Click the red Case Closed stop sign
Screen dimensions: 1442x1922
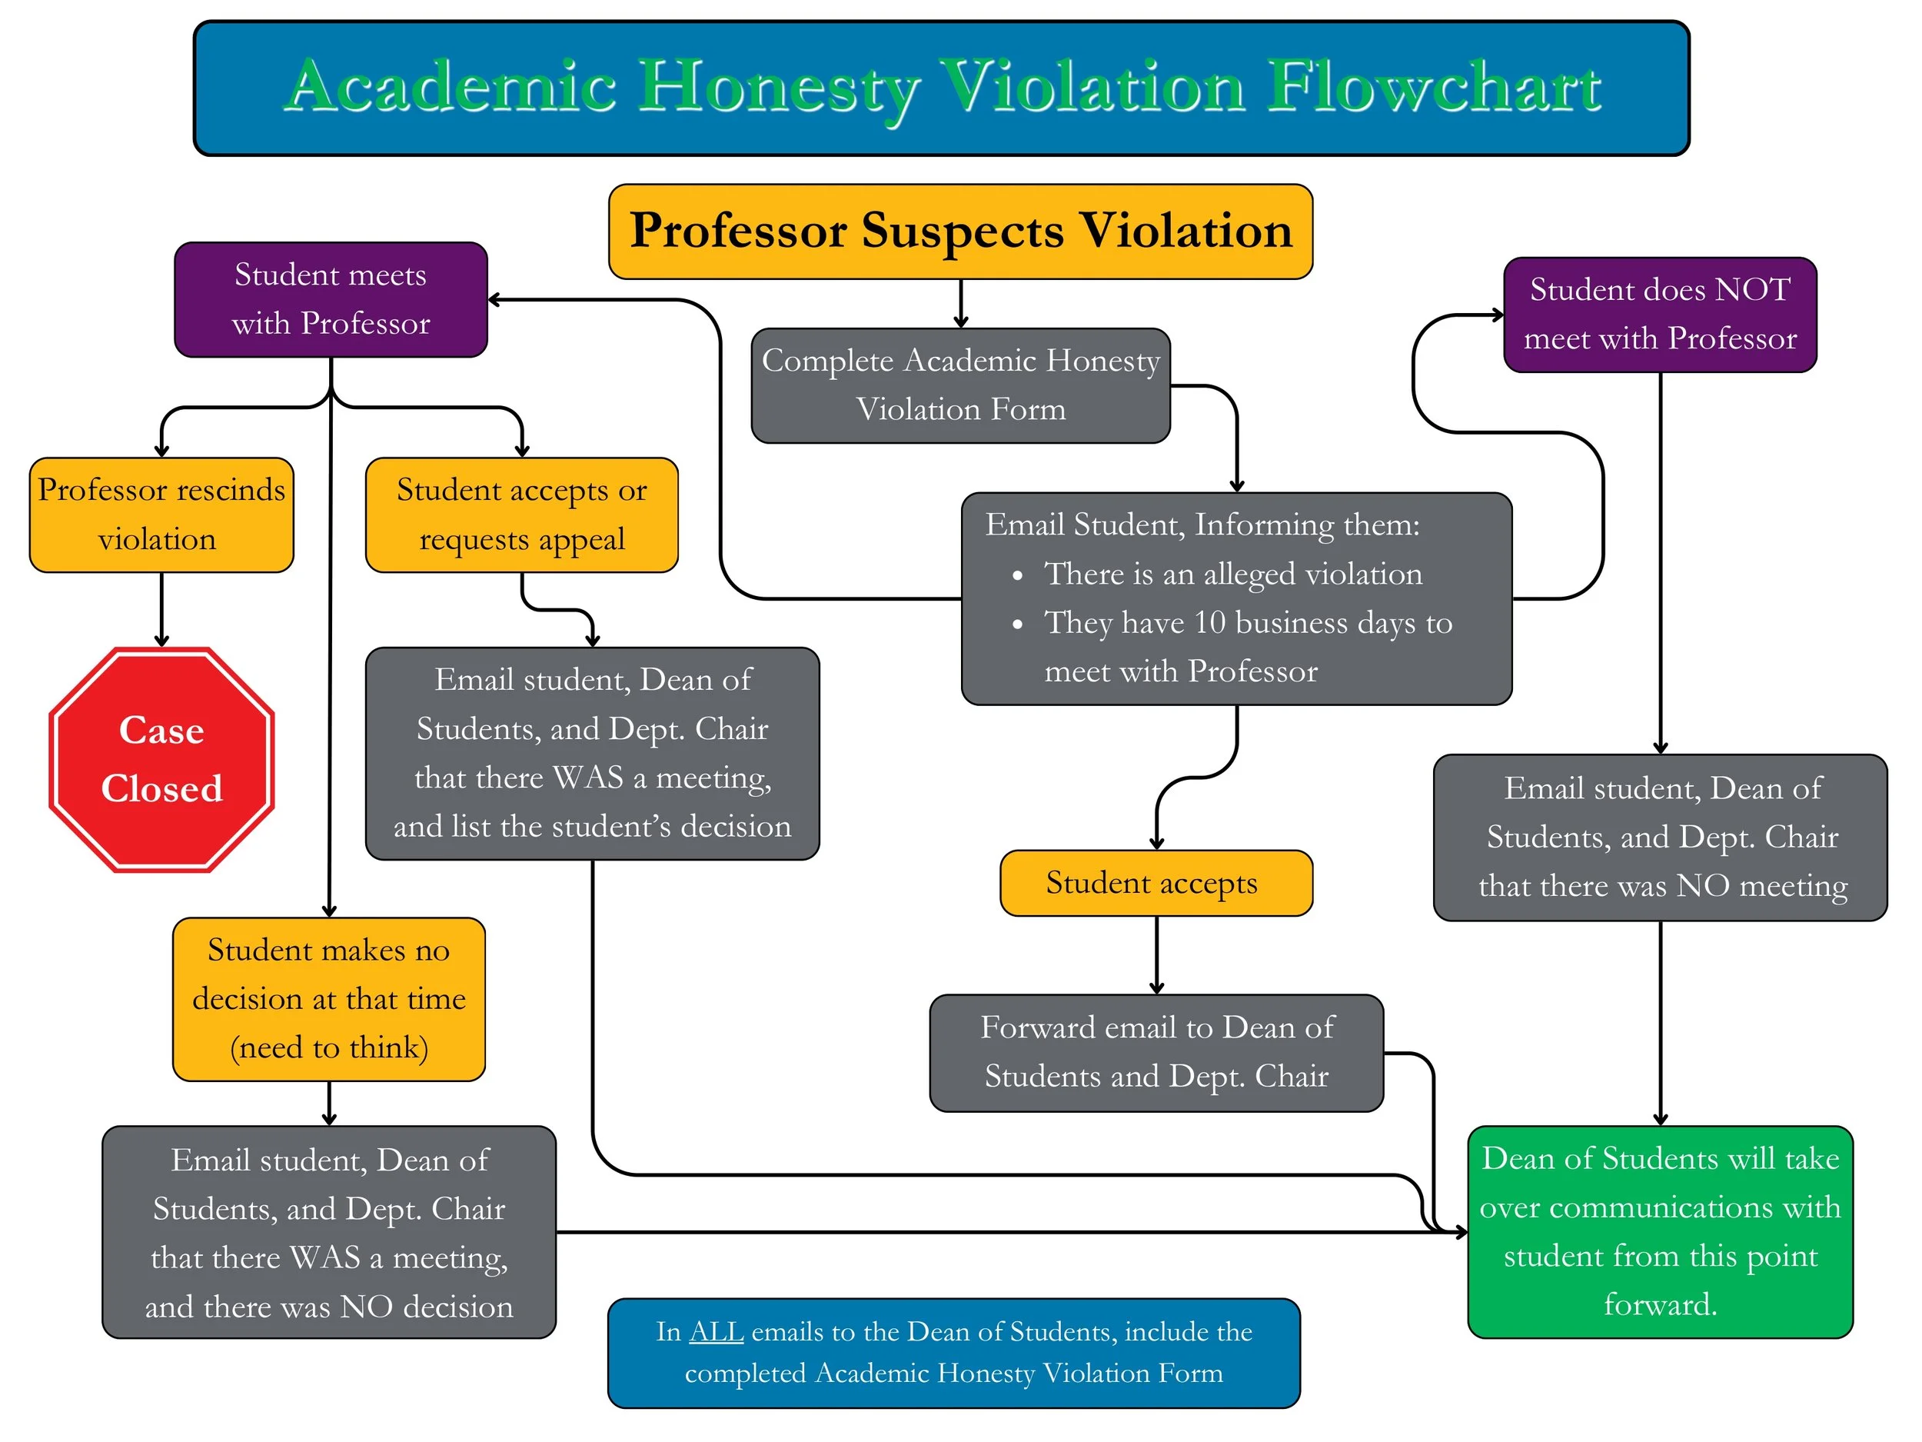pyautogui.click(x=161, y=760)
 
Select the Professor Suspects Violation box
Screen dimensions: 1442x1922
pyautogui.click(x=960, y=231)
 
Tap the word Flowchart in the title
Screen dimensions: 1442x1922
pyautogui.click(x=1435, y=87)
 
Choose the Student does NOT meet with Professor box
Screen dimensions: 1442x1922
pyautogui.click(x=1660, y=314)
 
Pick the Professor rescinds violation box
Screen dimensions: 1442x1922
pyautogui.click(x=161, y=515)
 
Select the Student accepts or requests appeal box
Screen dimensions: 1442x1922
pyautogui.click(x=521, y=515)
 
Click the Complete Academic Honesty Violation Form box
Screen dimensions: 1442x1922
pyautogui.click(x=960, y=385)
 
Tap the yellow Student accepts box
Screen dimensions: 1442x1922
pyautogui.click(x=1156, y=883)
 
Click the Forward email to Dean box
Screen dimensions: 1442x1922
pyautogui.click(x=1156, y=1053)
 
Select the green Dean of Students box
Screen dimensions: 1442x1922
pyautogui.click(x=1660, y=1231)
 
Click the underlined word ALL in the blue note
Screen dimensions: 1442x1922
pyautogui.click(x=716, y=1331)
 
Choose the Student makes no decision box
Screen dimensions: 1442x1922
pyautogui.click(x=328, y=999)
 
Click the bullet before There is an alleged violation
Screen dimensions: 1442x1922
pyautogui.click(x=1017, y=575)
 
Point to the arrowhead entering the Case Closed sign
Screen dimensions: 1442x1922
pyautogui.click(x=161, y=641)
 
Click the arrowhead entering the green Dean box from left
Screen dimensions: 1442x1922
pyautogui.click(x=1461, y=1231)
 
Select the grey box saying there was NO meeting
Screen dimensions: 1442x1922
pyautogui.click(x=1660, y=837)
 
